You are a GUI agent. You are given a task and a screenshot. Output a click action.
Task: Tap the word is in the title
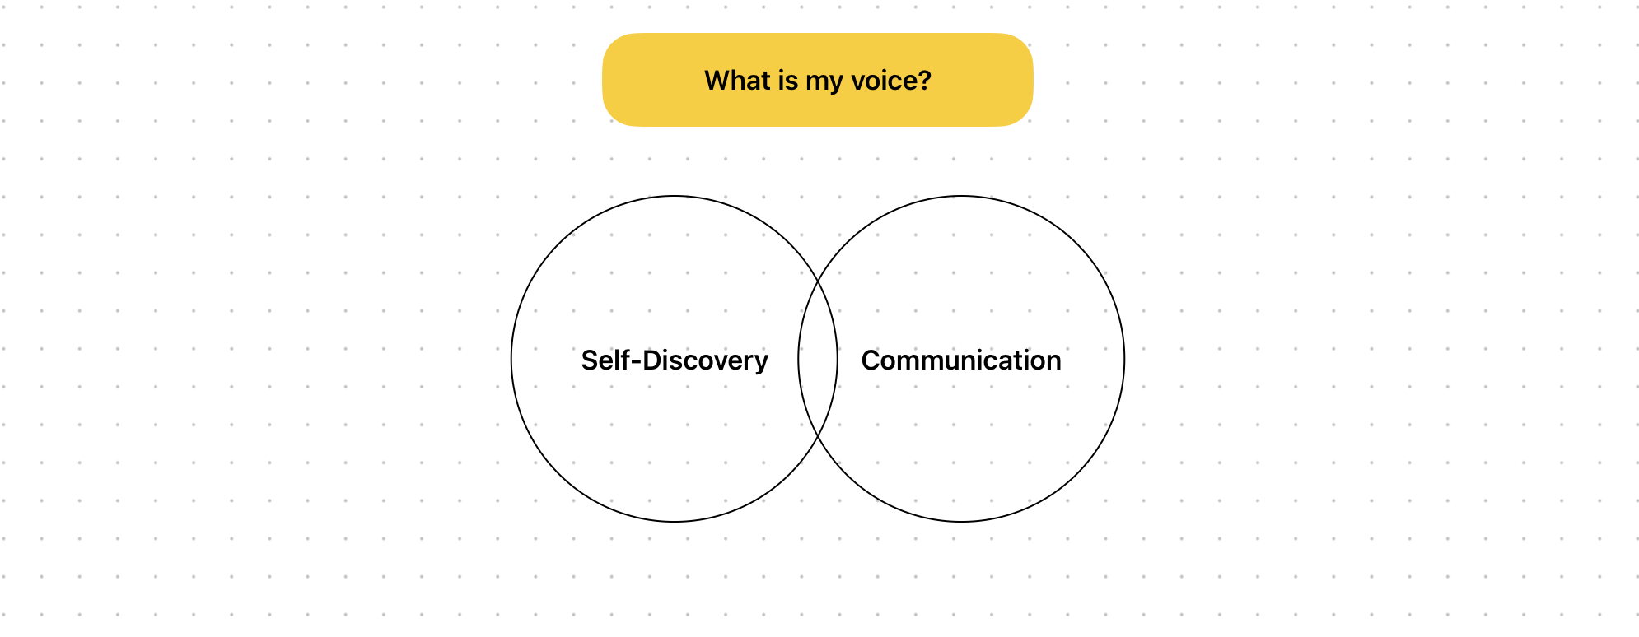click(x=787, y=81)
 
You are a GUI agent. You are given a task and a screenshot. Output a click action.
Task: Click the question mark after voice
click(x=924, y=81)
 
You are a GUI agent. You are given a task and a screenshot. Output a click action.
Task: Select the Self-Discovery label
click(x=674, y=360)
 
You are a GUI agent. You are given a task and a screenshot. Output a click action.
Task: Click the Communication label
click(x=960, y=360)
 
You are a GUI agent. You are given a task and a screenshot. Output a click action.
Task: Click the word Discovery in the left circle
click(x=705, y=360)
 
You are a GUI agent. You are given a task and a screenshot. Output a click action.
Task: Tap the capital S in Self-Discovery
click(x=590, y=360)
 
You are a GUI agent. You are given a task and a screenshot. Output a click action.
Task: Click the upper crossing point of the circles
click(x=818, y=281)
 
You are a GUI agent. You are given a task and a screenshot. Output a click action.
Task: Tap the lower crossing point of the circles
click(x=818, y=436)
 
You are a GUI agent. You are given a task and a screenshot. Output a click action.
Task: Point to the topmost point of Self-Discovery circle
click(x=674, y=196)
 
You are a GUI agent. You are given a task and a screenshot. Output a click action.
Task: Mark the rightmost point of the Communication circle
click(x=1124, y=359)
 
